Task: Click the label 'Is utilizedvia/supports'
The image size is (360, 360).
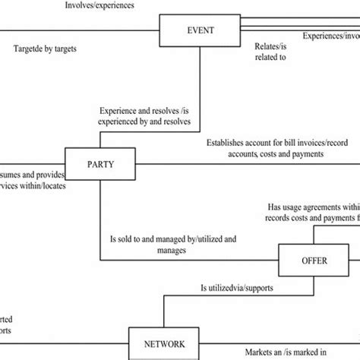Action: point(236,289)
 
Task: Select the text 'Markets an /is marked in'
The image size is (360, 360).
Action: point(286,351)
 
